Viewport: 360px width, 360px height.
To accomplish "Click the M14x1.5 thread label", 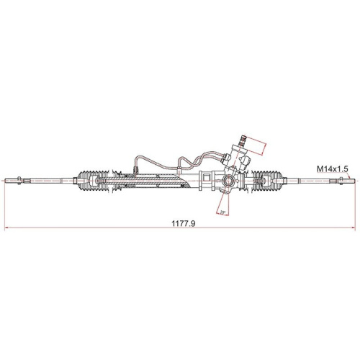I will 332,168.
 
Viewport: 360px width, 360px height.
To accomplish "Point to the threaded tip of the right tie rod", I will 348,180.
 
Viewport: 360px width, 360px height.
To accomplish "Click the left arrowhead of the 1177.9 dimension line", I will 7,229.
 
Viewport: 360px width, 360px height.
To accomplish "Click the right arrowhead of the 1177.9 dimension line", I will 353,229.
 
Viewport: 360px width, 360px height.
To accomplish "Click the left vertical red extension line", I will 6,205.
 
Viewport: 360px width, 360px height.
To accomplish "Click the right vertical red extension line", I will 354,205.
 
